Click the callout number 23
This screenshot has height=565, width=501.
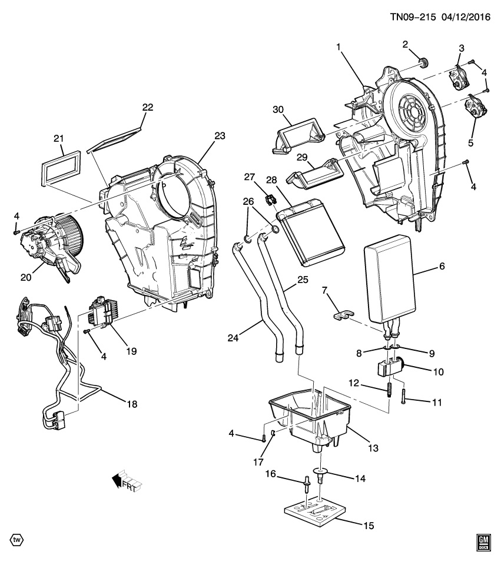coord(220,136)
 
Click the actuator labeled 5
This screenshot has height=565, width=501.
coord(475,109)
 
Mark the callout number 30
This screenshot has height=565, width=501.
coord(278,109)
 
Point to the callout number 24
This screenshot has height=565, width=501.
coord(234,337)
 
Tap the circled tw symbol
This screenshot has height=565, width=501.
coord(16,540)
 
